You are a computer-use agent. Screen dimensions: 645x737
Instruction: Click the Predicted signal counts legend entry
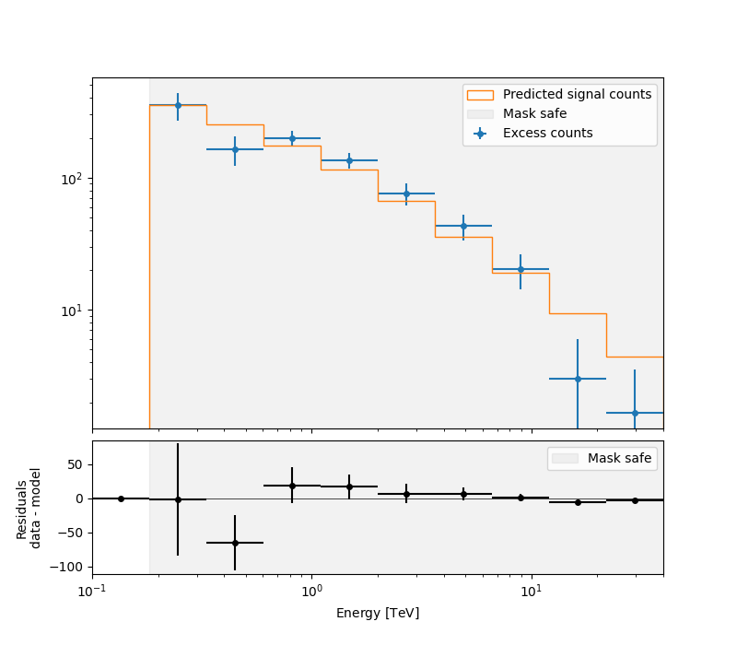coord(577,94)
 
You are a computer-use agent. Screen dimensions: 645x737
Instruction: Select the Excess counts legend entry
coord(547,133)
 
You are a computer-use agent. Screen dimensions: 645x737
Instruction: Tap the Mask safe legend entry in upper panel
coord(534,113)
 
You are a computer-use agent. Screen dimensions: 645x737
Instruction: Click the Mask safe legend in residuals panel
coord(619,458)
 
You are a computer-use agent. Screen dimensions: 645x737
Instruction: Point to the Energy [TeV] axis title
coord(378,613)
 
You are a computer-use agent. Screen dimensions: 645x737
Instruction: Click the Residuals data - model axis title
coord(29,508)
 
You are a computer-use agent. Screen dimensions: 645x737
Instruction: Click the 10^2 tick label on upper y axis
coord(72,179)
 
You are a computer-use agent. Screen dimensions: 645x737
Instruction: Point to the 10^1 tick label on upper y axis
coord(72,311)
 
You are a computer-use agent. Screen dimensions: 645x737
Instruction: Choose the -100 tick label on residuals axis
coord(66,567)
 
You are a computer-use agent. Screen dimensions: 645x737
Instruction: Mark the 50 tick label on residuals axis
coord(74,464)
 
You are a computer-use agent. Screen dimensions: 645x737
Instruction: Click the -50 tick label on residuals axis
coord(70,533)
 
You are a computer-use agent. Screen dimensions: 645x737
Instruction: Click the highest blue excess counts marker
coord(178,105)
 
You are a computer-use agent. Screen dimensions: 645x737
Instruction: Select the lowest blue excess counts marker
coord(635,413)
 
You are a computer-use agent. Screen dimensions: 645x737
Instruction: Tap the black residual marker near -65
coord(235,543)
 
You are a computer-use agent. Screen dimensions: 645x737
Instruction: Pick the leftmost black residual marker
coord(121,498)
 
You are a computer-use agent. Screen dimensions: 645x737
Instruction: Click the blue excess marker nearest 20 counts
coord(521,269)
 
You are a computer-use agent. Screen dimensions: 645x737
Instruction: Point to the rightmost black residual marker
coord(635,500)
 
